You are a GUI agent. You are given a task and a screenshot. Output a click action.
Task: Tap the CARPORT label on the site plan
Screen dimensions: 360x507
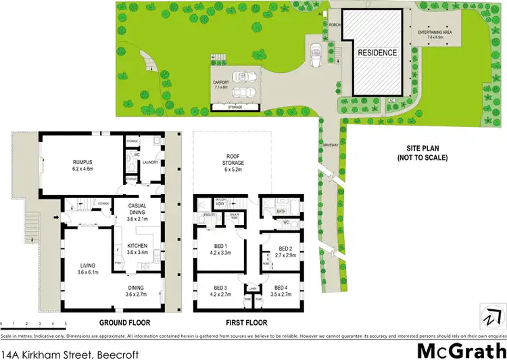click(x=221, y=84)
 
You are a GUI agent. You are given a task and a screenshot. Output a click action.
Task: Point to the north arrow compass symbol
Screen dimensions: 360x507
click(x=493, y=315)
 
